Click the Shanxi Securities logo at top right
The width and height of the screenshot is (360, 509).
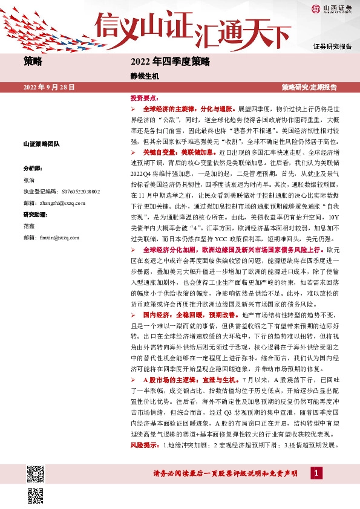point(332,8)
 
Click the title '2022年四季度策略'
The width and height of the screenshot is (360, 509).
point(169,61)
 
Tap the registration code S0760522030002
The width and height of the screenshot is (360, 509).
point(62,192)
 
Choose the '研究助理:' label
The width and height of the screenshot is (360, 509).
point(35,215)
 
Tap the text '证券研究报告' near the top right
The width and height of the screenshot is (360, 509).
point(332,47)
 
